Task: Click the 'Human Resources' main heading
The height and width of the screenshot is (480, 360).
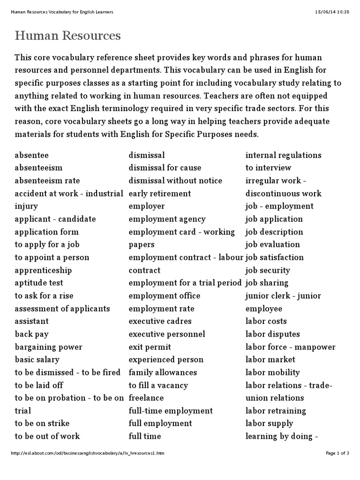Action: pos(68,36)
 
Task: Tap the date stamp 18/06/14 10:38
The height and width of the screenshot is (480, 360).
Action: pos(333,11)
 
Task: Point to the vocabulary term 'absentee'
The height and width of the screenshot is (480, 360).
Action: pos(31,155)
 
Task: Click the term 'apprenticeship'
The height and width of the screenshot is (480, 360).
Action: pos(43,270)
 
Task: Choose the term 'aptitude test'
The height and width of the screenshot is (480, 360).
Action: pos(39,283)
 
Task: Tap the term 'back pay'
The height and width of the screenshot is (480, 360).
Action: pos(31,334)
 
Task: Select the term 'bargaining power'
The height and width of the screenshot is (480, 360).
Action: pos(48,347)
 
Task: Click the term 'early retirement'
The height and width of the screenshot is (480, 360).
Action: pos(160,193)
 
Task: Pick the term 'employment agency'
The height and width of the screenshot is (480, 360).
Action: pos(167,219)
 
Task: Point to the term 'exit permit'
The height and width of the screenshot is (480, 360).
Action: pos(150,347)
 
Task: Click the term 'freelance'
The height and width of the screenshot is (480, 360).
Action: pos(146,398)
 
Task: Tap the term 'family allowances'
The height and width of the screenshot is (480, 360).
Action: pos(163,372)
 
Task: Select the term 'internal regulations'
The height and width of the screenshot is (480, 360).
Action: pos(284,155)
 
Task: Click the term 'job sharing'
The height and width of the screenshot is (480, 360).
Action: pos(267,283)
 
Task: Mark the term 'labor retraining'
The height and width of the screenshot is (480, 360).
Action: pos(276,411)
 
